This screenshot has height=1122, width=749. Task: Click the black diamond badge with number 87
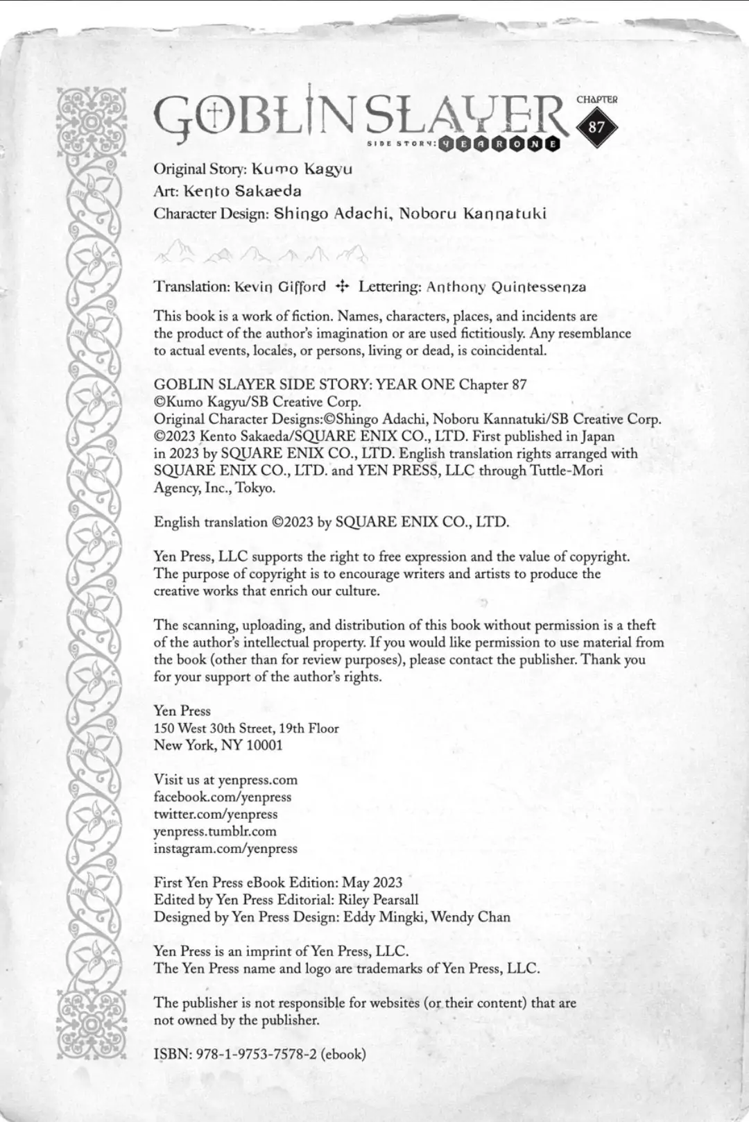596,127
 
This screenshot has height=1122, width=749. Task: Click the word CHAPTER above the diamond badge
596,99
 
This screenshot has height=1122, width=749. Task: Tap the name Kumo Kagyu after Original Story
302,169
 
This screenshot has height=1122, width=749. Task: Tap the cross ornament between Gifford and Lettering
342,286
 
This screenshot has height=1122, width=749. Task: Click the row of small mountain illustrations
261,253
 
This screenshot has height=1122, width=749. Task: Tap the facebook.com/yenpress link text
223,797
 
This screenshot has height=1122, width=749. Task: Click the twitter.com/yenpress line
216,814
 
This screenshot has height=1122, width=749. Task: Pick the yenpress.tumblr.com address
215,831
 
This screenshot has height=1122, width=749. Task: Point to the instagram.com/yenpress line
225,848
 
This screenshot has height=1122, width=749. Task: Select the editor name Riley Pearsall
379,900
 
